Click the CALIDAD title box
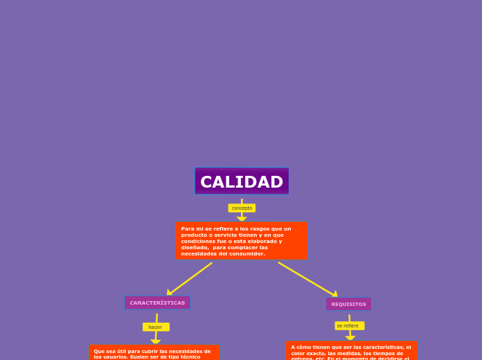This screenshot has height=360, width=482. coord(241,181)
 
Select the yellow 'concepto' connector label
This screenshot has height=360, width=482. coord(242,208)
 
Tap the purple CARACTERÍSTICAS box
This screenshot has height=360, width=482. coord(157,303)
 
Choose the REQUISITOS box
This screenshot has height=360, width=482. coord(348,304)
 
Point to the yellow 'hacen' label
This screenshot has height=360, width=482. coord(155,327)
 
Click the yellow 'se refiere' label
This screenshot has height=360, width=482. coord(348,325)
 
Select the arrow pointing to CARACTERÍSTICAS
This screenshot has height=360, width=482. coord(169,293)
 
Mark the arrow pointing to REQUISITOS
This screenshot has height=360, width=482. coord(334,294)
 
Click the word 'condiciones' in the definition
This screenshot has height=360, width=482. coord(196,241)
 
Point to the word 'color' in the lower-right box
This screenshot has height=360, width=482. coord(298,353)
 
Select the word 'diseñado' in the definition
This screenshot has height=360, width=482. coord(194,247)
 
